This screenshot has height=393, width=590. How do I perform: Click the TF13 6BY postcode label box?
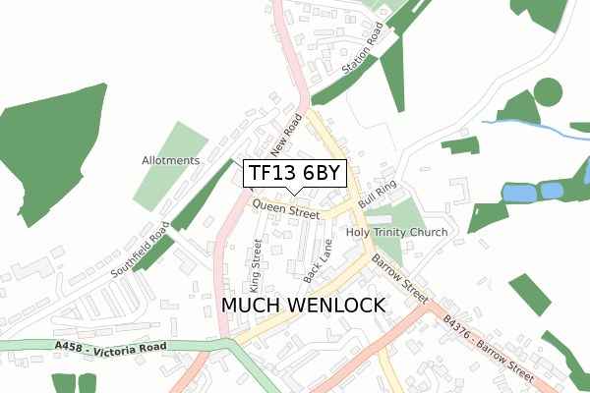click(294, 174)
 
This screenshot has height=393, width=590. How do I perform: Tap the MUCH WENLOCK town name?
click(303, 306)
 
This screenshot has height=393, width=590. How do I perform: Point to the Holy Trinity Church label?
click(396, 232)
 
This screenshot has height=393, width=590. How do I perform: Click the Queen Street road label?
click(286, 208)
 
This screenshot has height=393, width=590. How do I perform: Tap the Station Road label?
click(360, 56)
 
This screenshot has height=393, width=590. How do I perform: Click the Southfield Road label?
click(141, 250)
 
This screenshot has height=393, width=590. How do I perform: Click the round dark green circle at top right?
click(548, 92)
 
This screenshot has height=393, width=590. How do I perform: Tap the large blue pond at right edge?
click(519, 193)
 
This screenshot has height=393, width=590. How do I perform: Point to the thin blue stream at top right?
click(531, 126)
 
